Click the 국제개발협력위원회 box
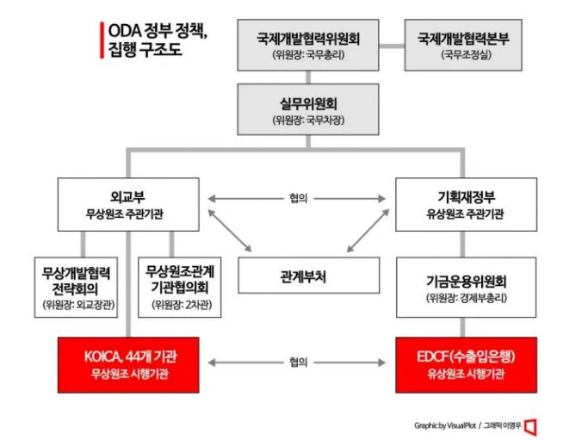[x=308, y=45]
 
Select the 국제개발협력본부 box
[x=463, y=45]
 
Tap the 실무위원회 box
[x=308, y=109]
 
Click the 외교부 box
[x=128, y=204]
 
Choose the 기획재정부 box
[x=466, y=204]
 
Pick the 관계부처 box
[x=309, y=276]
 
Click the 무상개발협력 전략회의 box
[x=76, y=288]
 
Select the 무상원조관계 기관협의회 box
[x=180, y=288]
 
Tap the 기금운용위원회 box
[x=466, y=288]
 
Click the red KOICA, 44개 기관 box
[x=128, y=365]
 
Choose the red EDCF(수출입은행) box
[x=466, y=365]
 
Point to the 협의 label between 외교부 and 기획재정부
[x=299, y=198]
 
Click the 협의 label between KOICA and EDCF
[x=299, y=362]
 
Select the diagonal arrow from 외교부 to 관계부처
[x=230, y=230]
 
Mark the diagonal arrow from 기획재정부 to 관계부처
[x=368, y=230]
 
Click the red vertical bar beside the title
[x=102, y=40]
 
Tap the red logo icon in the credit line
[x=530, y=427]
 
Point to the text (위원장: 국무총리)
[x=308, y=55]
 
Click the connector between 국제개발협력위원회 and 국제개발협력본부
[x=392, y=46]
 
